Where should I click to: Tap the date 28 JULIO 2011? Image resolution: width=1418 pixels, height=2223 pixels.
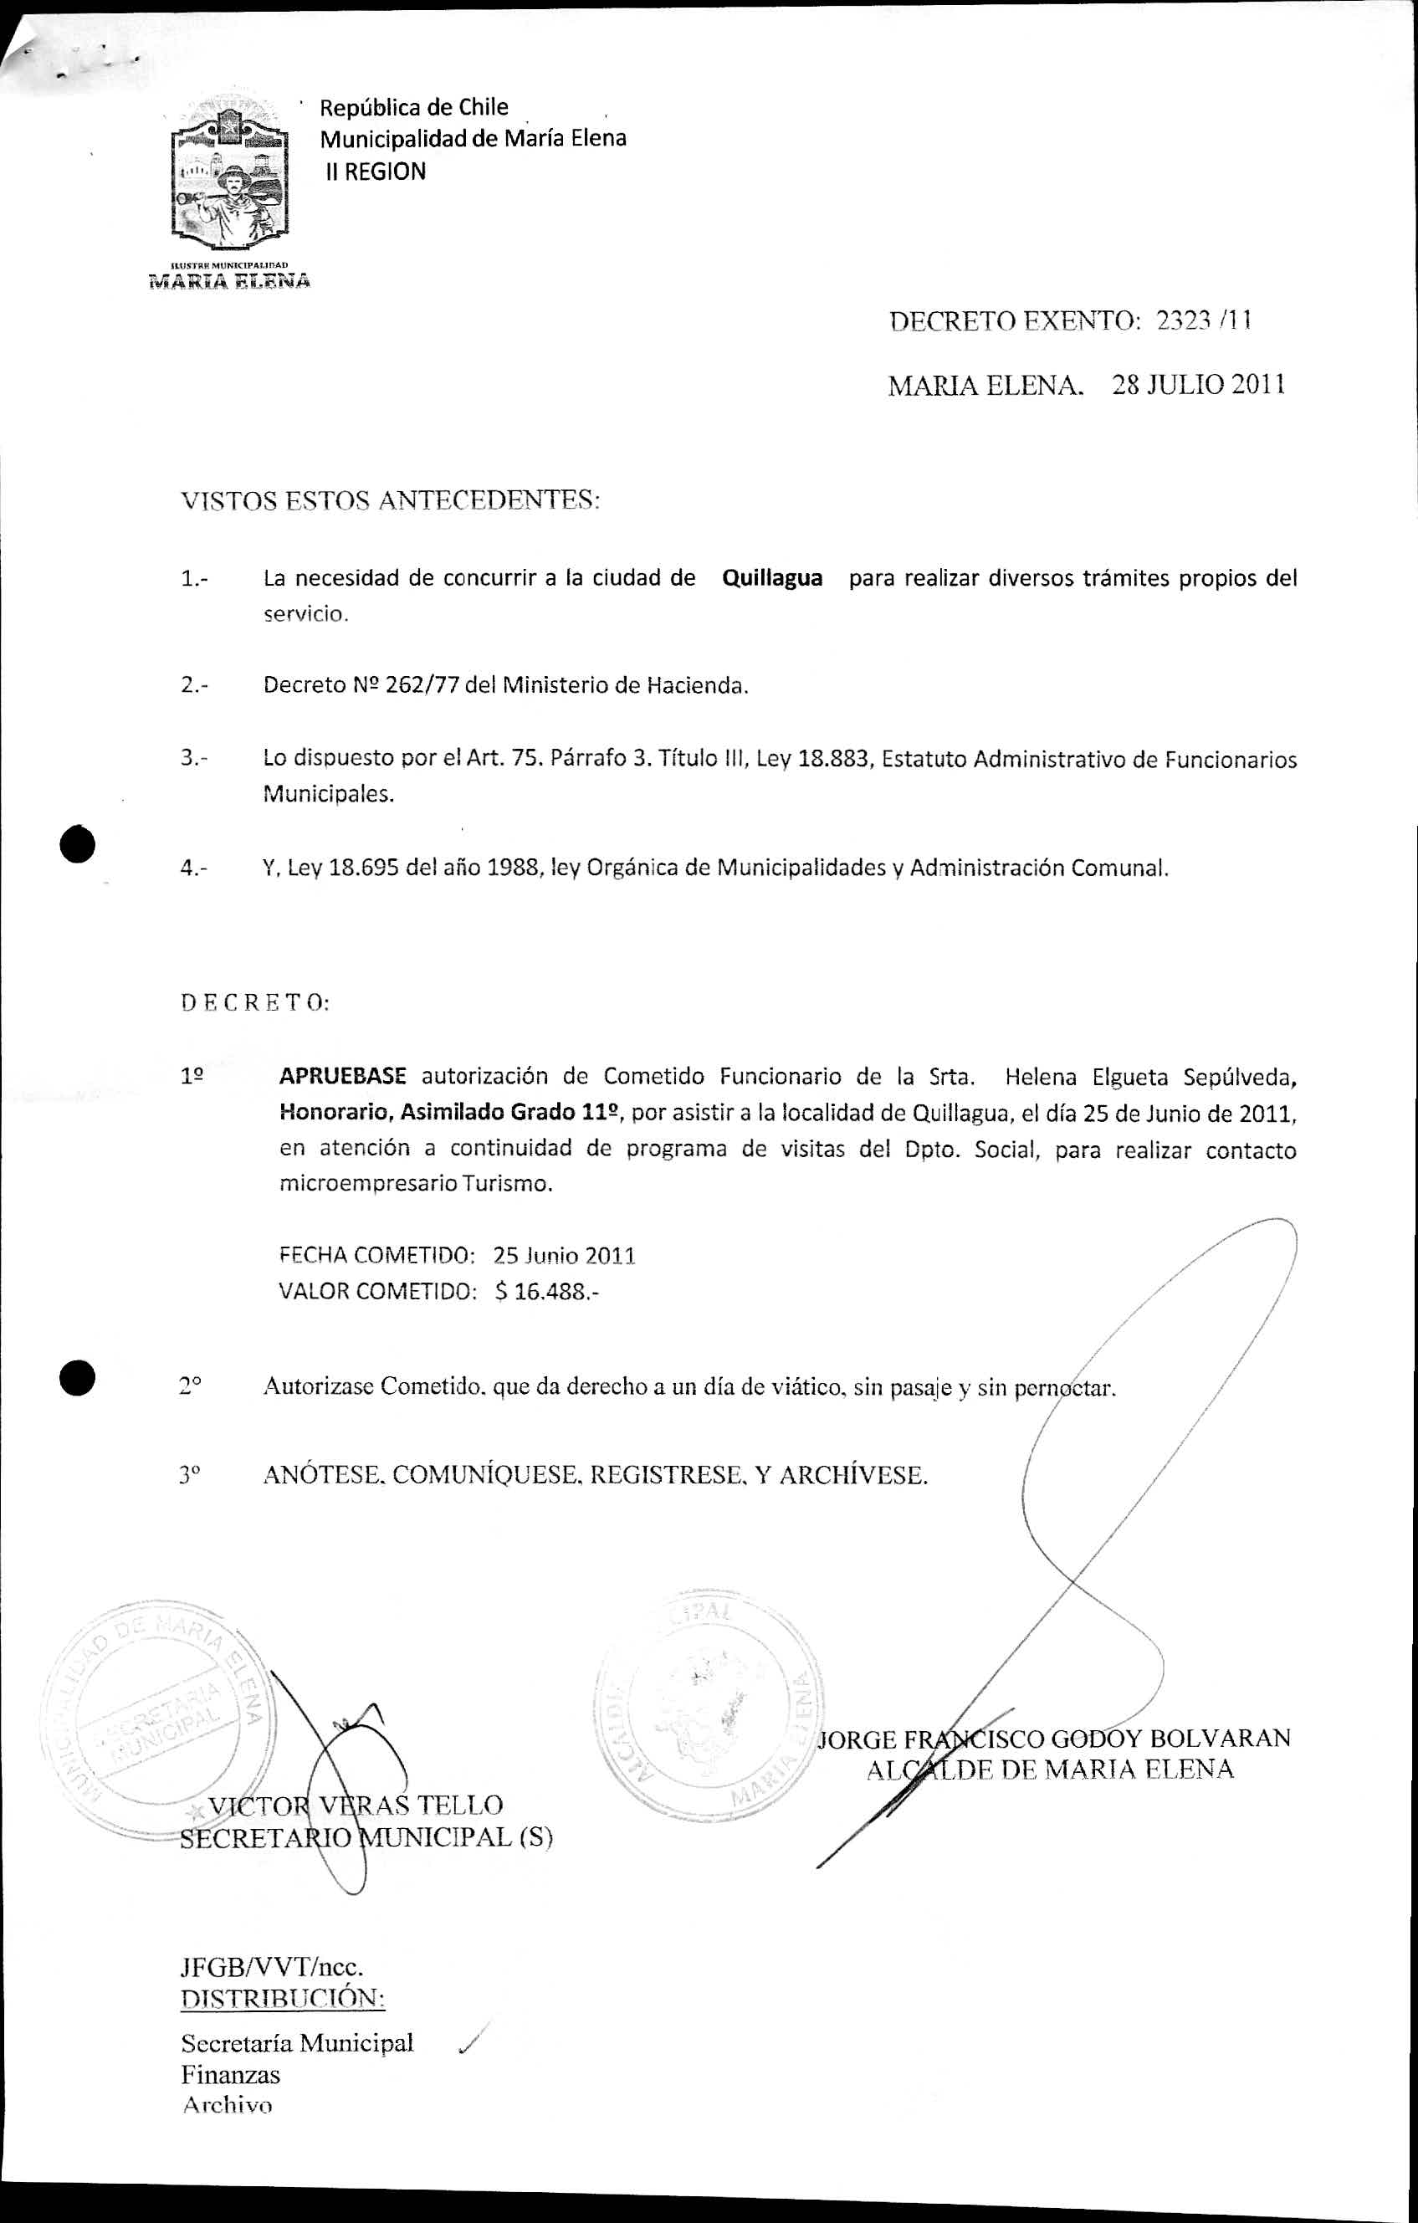point(1197,385)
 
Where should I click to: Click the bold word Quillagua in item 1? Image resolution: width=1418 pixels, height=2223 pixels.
point(772,578)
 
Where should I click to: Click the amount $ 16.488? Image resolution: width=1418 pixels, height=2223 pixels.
point(545,1291)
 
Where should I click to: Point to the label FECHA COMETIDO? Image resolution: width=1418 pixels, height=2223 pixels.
point(376,1256)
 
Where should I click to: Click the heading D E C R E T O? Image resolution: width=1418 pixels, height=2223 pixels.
point(255,1002)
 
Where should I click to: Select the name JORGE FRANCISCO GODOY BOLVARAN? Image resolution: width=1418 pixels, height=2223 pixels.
point(1054,1739)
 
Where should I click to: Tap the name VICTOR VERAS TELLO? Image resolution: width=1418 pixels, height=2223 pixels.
point(356,1805)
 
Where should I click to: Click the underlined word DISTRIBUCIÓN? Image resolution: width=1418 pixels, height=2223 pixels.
point(283,1999)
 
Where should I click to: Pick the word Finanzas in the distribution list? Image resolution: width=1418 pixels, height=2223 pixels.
point(230,2074)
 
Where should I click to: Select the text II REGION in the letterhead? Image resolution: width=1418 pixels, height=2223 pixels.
point(376,172)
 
